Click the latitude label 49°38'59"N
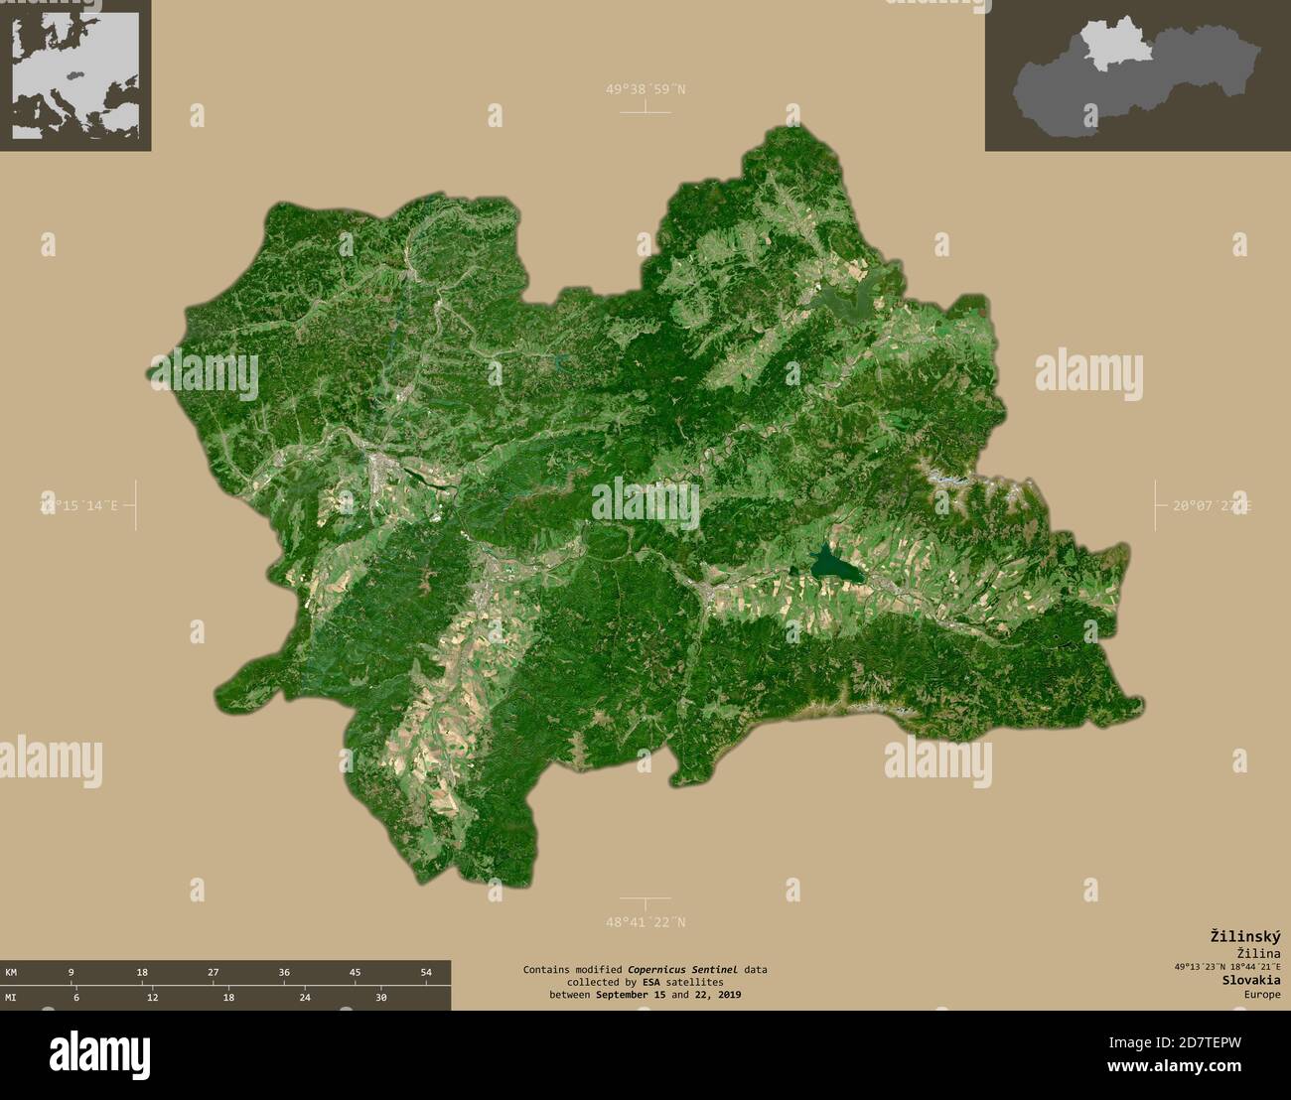(645, 89)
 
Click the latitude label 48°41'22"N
(645, 922)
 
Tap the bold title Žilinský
(1244, 935)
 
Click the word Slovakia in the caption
(1251, 979)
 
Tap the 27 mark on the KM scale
(214, 972)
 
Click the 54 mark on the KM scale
(426, 972)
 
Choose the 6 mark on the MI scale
(75, 998)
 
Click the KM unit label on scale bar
(11, 972)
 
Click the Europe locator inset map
(75, 74)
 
